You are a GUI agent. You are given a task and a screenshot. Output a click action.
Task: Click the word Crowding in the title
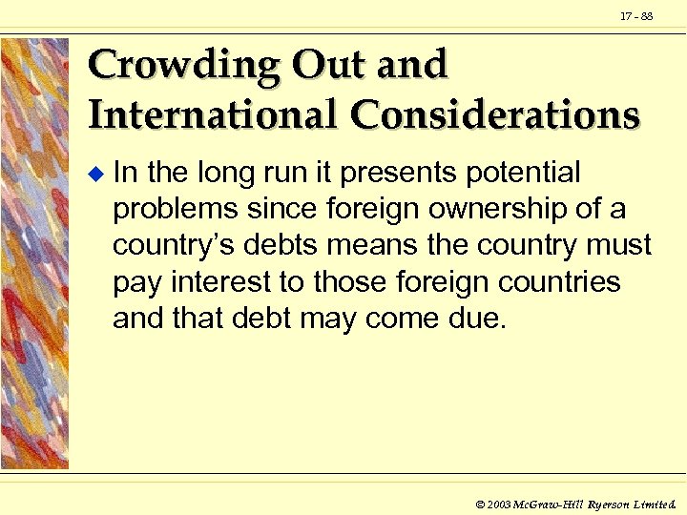point(180,67)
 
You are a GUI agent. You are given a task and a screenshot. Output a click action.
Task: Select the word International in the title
point(212,114)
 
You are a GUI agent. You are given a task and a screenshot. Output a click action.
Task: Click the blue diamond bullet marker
point(94,175)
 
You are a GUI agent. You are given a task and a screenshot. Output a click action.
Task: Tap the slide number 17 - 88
point(635,16)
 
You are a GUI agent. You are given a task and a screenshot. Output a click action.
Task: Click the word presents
point(392,174)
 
